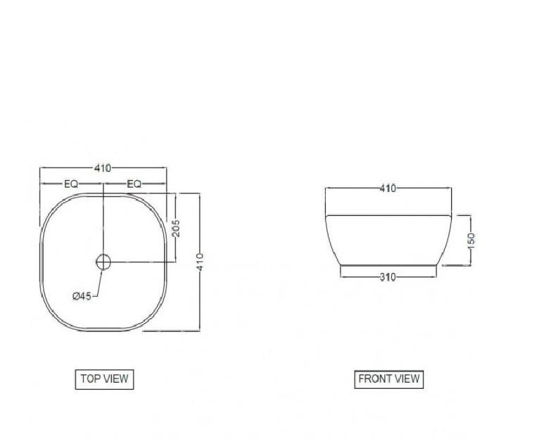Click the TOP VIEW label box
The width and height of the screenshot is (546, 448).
(x=103, y=379)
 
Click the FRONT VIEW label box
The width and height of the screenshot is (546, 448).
(x=388, y=379)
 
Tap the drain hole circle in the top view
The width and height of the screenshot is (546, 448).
(x=103, y=262)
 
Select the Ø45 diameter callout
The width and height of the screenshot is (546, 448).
(x=82, y=296)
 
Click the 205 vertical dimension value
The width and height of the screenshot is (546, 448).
(x=176, y=228)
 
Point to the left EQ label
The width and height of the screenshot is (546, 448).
(x=71, y=184)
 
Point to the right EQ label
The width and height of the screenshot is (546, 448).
(x=134, y=184)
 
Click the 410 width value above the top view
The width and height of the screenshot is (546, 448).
(x=103, y=168)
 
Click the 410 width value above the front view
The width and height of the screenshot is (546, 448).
(x=388, y=188)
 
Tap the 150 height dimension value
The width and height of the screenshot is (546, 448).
(x=471, y=240)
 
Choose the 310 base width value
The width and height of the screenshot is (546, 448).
(x=388, y=277)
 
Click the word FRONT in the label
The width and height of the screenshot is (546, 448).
(x=374, y=379)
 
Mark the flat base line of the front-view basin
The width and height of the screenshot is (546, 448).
(x=388, y=266)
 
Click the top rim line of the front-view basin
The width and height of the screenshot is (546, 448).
(x=388, y=213)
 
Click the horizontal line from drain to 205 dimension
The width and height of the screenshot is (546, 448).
(x=141, y=262)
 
